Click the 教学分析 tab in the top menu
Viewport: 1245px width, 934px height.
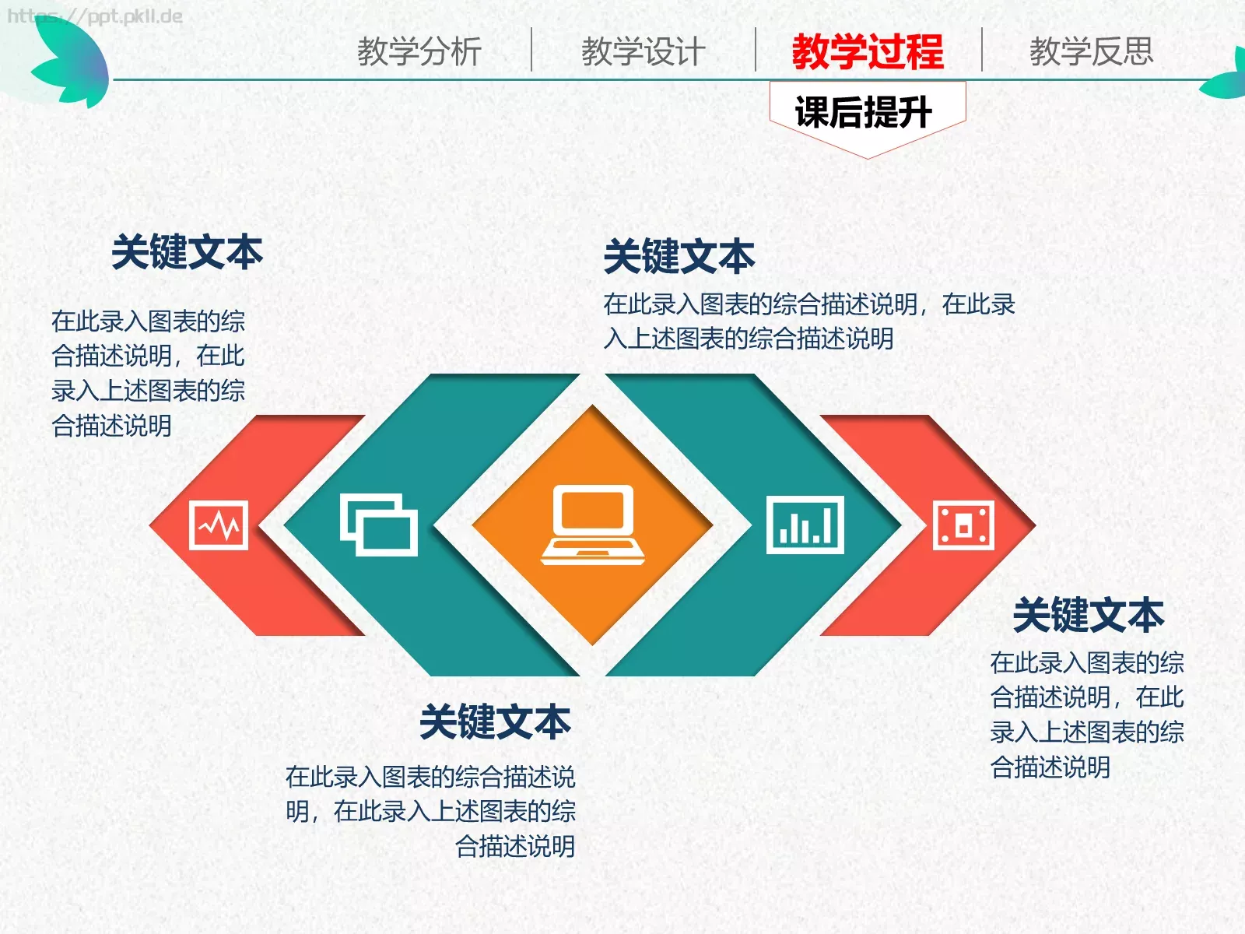coord(419,52)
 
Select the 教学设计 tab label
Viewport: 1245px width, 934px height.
coord(644,52)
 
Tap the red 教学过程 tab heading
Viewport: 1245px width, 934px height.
coord(868,52)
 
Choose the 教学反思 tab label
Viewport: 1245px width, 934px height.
coord(1091,52)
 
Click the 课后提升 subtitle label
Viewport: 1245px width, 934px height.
coord(864,113)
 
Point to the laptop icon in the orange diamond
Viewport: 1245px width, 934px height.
coord(593,525)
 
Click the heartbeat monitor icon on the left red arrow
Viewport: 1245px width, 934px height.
coord(219,525)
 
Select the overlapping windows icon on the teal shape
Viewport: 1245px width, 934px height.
coord(379,525)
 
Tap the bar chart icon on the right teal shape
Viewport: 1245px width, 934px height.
coord(805,525)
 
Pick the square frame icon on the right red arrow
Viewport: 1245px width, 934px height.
coord(963,525)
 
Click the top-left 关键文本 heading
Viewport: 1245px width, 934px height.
coord(188,253)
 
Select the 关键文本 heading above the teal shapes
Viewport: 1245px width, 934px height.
coord(679,257)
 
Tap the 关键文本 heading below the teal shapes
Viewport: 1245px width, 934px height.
coord(496,722)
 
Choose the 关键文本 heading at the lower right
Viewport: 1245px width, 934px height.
coord(1089,616)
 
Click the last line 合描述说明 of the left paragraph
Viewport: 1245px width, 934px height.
coord(111,426)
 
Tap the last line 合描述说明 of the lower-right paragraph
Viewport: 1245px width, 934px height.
coord(1050,767)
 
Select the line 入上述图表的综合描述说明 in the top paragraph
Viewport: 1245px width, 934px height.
coord(749,339)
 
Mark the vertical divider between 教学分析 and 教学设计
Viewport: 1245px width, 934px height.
coord(531,50)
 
